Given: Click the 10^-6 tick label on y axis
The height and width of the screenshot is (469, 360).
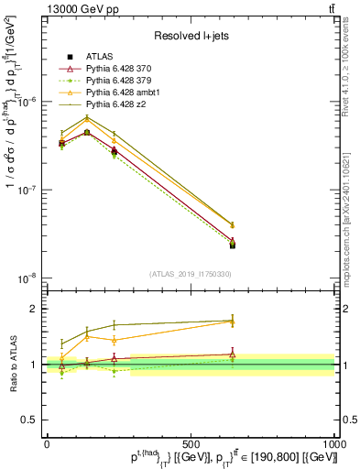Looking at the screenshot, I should click(27, 103).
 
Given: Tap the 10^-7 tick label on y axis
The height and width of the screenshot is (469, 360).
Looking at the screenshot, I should click(27, 191).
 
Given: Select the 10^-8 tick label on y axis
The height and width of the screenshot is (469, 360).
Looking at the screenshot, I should click(27, 278).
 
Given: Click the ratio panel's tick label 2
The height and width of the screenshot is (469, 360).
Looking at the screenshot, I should click(33, 309).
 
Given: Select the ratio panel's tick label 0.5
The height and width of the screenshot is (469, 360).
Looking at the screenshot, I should click(29, 420).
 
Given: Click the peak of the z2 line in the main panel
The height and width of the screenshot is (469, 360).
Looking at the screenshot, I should click(87, 116).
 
